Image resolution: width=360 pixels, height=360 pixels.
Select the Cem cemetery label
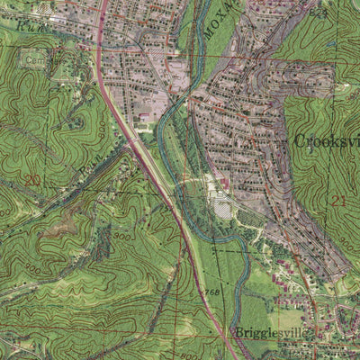pyautogui.click(x=34, y=60)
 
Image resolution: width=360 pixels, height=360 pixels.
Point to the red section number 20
pyautogui.click(x=33, y=180)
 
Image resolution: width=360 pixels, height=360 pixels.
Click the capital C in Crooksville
pyautogui.click(x=299, y=141)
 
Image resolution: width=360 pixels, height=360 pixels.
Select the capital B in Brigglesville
pyautogui.click(x=239, y=331)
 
